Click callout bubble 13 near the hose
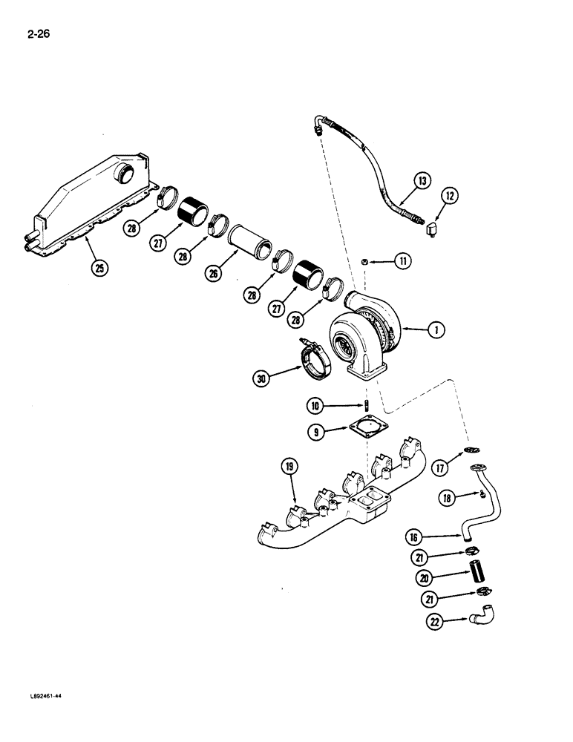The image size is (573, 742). point(421,181)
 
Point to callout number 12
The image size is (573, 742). point(450,196)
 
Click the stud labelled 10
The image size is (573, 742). point(367,407)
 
